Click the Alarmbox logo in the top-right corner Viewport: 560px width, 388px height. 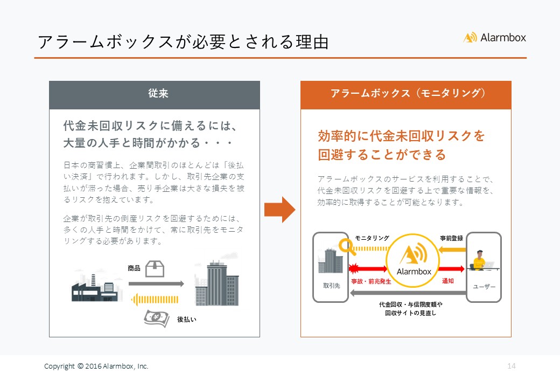(x=494, y=38)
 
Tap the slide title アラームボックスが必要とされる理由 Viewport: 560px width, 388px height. (x=183, y=42)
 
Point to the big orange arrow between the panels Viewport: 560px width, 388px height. (x=279, y=210)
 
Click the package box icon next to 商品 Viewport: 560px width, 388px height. (x=155, y=269)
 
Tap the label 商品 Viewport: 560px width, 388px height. (x=134, y=268)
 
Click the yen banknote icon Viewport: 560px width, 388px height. (x=157, y=318)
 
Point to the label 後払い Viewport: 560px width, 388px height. (x=186, y=320)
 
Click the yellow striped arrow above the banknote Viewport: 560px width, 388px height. (x=155, y=300)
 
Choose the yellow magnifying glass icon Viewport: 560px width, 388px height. (x=347, y=247)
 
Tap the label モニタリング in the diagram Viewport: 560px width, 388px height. (x=372, y=238)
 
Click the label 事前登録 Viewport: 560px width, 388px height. (x=451, y=238)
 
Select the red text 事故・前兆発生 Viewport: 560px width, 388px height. (x=371, y=281)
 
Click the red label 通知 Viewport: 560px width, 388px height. (x=448, y=281)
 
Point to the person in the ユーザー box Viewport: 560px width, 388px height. (x=479, y=260)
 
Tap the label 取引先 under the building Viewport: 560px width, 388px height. (x=332, y=286)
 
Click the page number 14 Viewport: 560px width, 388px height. (x=512, y=366)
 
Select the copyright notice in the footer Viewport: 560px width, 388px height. (x=96, y=366)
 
